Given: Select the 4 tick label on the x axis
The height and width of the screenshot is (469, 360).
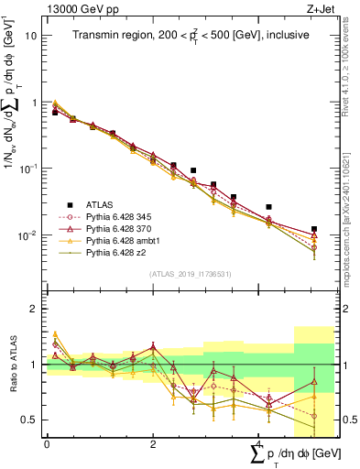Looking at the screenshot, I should click(259, 444).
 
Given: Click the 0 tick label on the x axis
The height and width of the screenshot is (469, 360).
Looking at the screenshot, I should click(47, 444).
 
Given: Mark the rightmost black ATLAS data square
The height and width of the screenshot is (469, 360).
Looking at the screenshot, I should click(313, 229).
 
